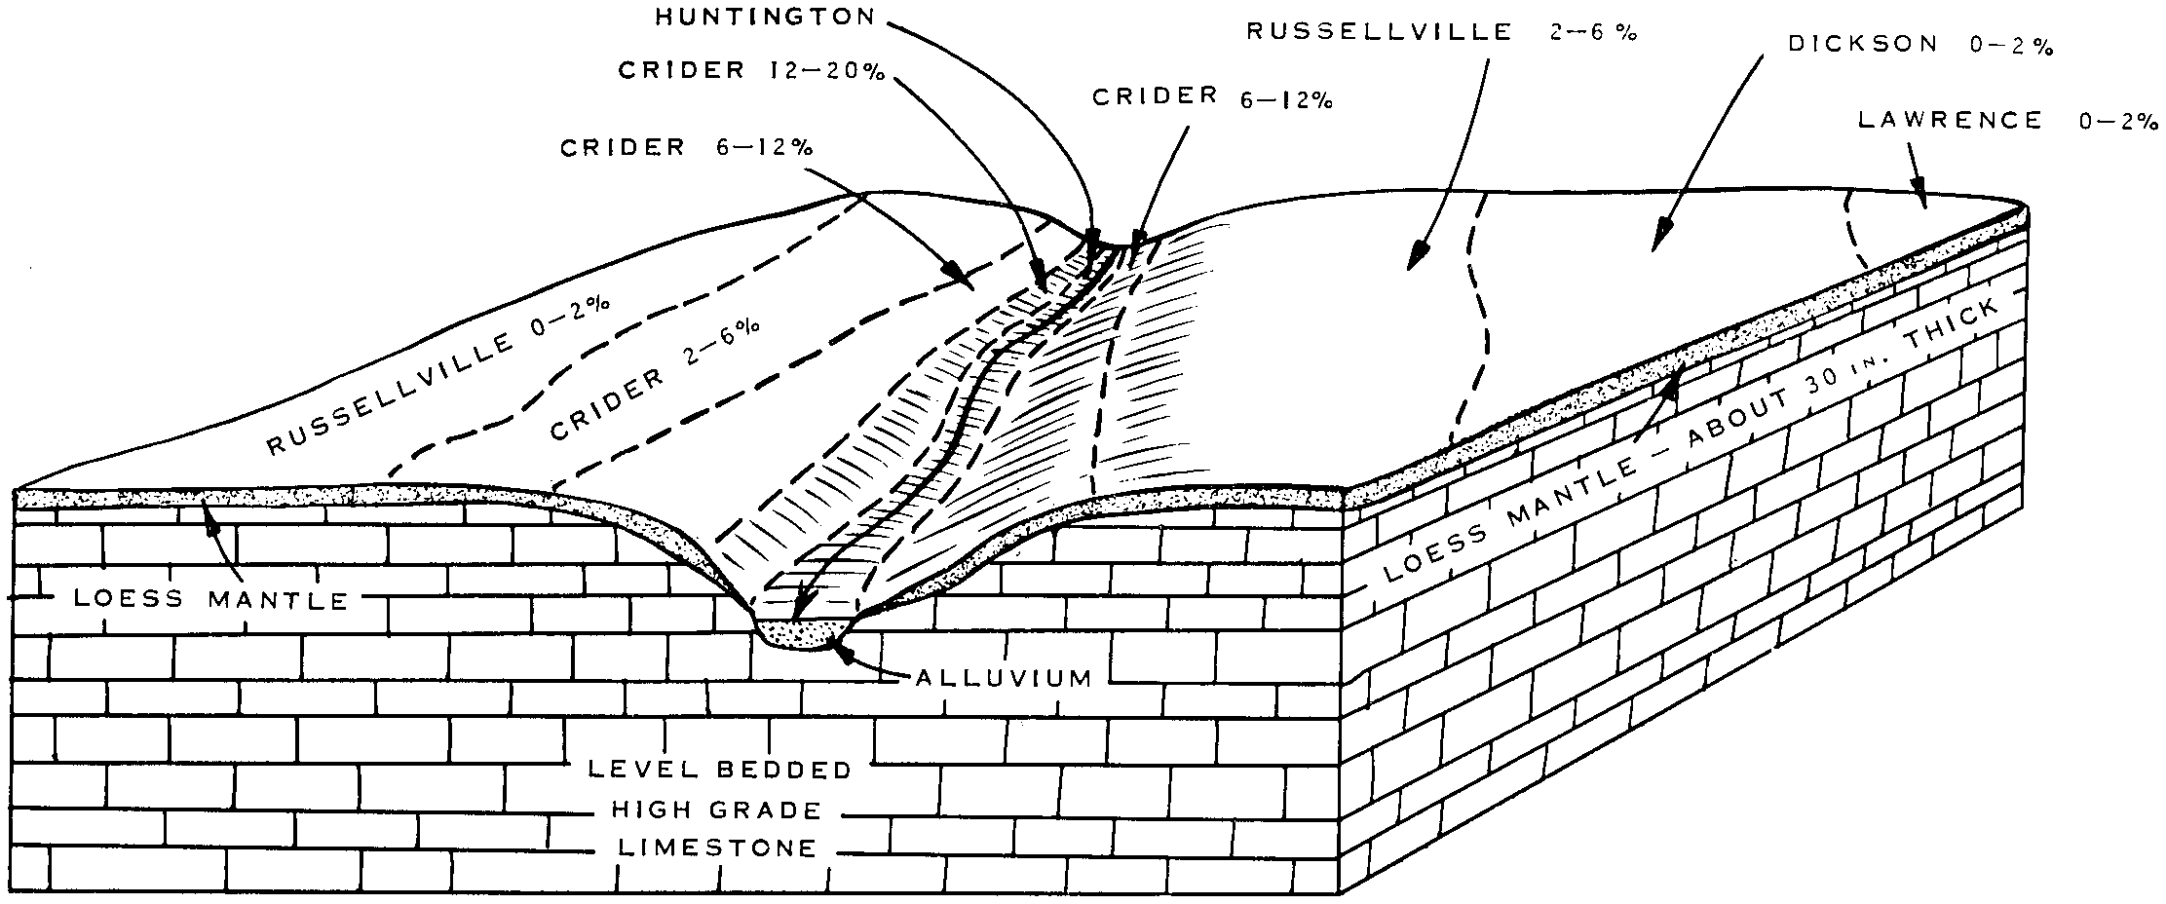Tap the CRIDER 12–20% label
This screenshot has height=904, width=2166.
(750, 71)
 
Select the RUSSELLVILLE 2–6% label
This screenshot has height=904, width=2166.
(1441, 32)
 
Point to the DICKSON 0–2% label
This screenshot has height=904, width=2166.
(1920, 45)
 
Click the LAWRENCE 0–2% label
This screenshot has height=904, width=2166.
(2008, 121)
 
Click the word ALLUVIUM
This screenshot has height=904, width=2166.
(1004, 678)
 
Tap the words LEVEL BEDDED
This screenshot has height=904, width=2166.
(720, 770)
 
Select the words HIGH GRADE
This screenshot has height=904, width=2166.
(716, 810)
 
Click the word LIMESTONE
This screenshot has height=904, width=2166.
(717, 848)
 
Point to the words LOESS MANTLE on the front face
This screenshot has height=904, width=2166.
(211, 598)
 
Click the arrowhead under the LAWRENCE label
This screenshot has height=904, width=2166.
(1919, 194)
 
